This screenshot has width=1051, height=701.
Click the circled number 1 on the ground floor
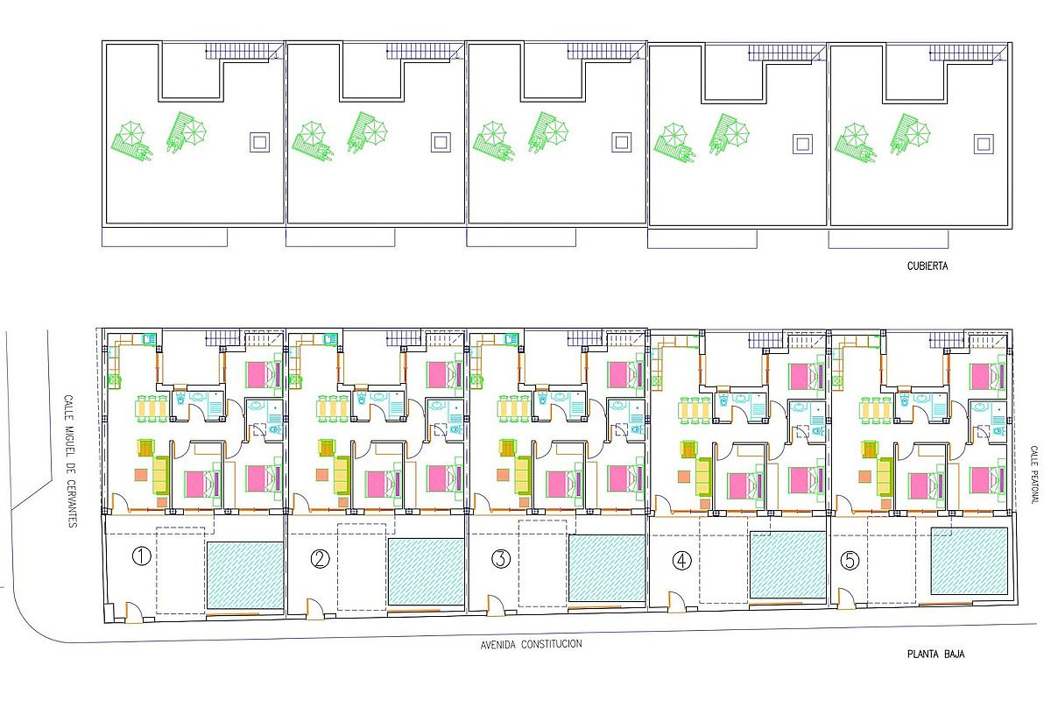141,556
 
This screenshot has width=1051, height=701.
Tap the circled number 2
320,559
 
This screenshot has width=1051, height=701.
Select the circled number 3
501,559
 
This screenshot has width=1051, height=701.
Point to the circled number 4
681,561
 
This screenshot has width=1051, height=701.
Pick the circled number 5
850,561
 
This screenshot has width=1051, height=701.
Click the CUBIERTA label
928,266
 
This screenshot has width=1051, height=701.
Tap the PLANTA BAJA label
936,654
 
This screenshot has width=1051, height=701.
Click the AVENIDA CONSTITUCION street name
531,644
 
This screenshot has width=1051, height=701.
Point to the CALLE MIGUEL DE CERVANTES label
70,462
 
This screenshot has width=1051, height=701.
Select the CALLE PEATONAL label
1033,474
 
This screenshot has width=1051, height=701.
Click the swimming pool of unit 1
245,576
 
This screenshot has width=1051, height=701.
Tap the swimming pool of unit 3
608,568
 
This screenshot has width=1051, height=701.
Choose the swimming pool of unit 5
970,561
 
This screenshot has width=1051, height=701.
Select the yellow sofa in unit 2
342,475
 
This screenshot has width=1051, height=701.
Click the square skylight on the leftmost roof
259,142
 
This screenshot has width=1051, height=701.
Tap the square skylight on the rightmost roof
984,144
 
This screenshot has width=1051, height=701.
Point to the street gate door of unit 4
675,602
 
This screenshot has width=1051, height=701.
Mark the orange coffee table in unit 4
684,477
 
